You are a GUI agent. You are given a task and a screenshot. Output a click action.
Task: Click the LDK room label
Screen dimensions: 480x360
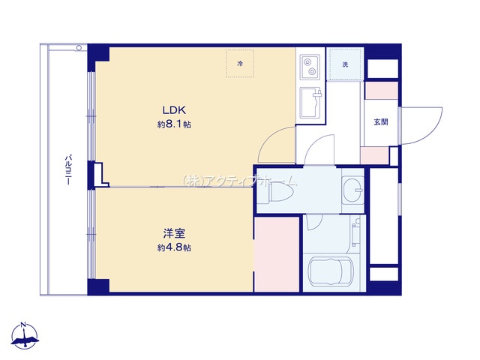coord(174,109)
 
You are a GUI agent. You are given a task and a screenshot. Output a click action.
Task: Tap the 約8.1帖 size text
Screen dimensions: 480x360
coord(174,124)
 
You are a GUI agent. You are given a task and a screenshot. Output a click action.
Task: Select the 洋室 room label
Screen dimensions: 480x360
coord(174,233)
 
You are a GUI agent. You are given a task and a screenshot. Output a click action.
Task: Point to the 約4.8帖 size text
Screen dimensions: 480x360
coord(174,247)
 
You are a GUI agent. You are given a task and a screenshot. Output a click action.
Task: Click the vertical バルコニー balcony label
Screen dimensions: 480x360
coord(68,170)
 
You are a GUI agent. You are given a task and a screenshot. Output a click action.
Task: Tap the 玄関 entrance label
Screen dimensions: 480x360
coord(381,121)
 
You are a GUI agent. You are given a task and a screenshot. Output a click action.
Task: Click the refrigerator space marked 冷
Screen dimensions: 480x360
coord(240,63)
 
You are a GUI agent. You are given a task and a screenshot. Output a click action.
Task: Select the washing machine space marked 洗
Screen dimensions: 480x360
coord(345,64)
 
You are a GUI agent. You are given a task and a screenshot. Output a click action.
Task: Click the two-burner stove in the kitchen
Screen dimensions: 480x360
coord(310,67)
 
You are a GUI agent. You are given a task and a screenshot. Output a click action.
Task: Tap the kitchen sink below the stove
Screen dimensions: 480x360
coord(310,103)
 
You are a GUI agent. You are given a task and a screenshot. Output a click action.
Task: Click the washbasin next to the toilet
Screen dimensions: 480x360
coord(352,190)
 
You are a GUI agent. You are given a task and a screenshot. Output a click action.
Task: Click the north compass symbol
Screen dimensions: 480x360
coord(25,336)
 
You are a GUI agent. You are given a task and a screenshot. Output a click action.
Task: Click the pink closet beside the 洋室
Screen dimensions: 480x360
coord(277,254)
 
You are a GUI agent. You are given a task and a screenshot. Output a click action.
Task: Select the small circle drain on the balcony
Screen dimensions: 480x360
coord(79,48)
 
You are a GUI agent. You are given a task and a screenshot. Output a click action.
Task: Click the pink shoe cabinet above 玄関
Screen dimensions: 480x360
coord(382,90)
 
